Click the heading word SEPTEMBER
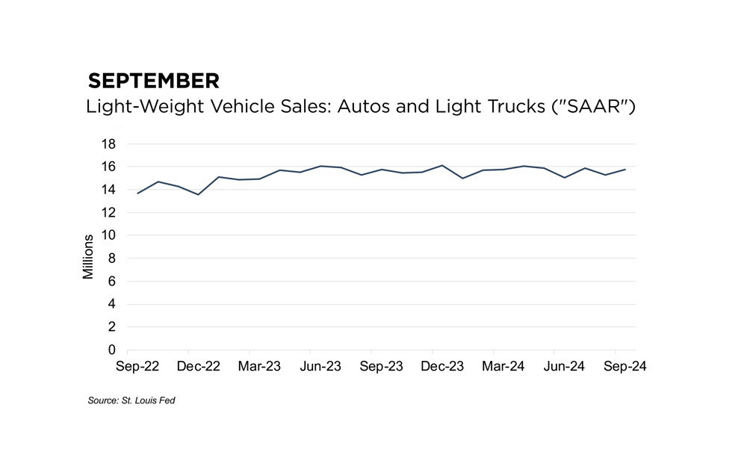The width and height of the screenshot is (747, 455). point(153,81)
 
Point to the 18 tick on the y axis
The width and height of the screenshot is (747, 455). point(108,143)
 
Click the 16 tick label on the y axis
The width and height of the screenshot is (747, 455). point(108,167)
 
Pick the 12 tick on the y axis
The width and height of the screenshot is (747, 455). point(108,212)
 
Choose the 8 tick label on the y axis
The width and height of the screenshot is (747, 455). point(112,259)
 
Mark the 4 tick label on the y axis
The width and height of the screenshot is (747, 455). point(112,304)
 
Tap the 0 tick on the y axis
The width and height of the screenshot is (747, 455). point(112,350)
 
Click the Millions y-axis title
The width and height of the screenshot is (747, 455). point(88,257)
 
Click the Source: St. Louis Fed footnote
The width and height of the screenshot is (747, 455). point(131,401)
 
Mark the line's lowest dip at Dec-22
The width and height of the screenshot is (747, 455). point(198,194)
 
